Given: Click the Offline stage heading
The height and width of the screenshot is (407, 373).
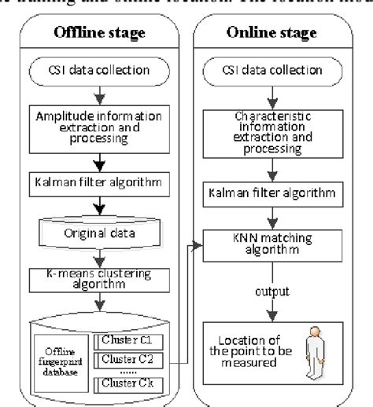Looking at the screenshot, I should [x=92, y=32].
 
